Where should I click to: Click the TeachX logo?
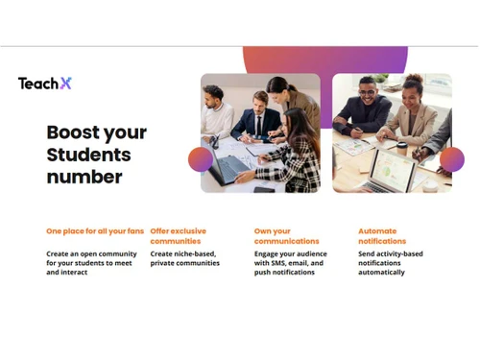[x=44, y=84]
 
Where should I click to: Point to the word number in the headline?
[x=84, y=177]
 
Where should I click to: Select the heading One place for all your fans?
[x=96, y=230]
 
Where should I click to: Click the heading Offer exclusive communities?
[x=178, y=235]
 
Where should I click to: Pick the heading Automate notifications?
[x=382, y=235]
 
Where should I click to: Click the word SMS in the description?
[x=290, y=263]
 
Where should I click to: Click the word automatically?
[x=381, y=273]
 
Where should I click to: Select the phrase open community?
[x=110, y=253]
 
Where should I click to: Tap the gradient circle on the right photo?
[x=452, y=158]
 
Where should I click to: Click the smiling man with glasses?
[x=363, y=107]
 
